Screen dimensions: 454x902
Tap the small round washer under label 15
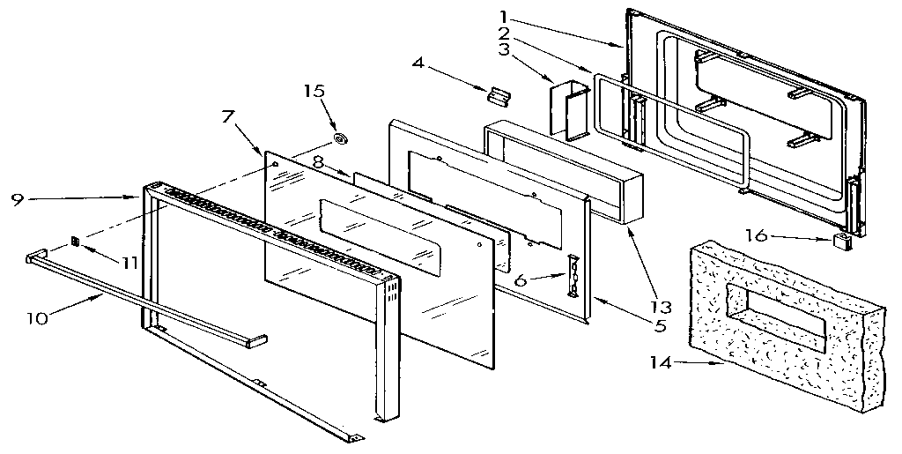(x=339, y=138)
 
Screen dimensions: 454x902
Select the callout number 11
(x=129, y=263)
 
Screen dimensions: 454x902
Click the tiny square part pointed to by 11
(x=77, y=242)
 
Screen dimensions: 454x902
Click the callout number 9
(x=17, y=199)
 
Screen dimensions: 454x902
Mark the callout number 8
(x=317, y=161)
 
